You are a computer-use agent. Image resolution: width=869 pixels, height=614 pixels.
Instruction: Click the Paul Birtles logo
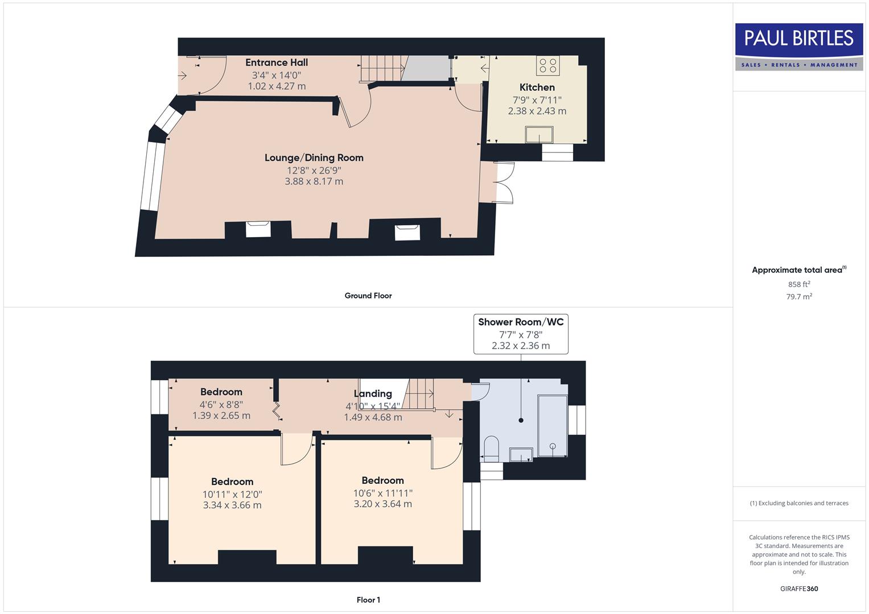799,47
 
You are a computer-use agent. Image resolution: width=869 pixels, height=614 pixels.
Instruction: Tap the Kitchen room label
537,88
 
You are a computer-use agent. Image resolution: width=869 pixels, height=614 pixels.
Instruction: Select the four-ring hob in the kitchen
547,65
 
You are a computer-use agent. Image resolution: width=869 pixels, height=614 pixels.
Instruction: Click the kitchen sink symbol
539,135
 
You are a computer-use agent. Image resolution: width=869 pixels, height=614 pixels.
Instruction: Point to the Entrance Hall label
277,63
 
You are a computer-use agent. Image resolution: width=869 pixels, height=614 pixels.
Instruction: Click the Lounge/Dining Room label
314,158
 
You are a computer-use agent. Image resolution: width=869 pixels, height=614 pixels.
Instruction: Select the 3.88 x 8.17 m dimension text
314,182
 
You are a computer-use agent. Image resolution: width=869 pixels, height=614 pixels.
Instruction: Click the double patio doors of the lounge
504,182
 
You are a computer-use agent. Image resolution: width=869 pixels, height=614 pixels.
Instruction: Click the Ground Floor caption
368,296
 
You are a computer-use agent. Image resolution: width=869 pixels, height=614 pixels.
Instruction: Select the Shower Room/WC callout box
521,334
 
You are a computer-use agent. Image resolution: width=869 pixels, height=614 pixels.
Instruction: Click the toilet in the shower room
491,447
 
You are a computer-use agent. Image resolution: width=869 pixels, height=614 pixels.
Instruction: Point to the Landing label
373,393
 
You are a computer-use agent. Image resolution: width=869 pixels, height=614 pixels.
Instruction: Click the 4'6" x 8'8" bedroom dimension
221,405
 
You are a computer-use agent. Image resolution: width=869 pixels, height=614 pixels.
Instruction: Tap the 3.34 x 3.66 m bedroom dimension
232,505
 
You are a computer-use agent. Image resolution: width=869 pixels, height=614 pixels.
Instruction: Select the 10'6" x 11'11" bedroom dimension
382,493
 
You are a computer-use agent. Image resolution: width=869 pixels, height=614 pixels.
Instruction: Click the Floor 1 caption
368,600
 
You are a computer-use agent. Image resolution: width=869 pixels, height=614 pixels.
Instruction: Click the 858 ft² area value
799,284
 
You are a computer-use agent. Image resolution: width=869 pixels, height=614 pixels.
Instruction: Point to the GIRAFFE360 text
799,588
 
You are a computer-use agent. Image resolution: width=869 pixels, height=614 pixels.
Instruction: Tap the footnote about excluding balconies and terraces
799,503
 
